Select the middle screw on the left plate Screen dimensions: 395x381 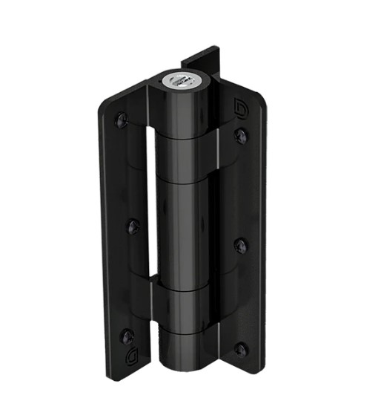(133, 224)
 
